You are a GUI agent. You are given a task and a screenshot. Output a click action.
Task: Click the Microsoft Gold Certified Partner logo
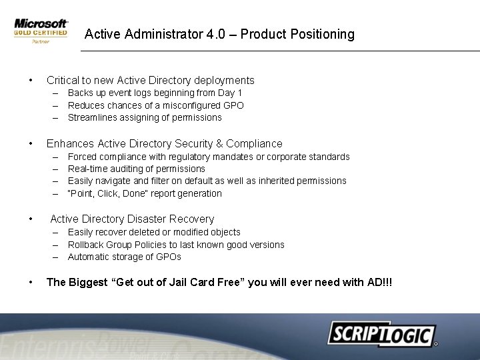(41, 31)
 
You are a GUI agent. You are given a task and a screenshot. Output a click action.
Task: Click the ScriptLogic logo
(381, 333)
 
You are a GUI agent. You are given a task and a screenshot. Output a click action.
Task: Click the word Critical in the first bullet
(65, 81)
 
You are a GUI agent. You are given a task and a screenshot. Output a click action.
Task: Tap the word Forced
(83, 157)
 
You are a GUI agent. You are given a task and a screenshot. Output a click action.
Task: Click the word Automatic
(90, 257)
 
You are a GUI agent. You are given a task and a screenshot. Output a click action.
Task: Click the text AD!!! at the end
(379, 283)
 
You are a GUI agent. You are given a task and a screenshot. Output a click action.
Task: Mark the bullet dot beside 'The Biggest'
(31, 283)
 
